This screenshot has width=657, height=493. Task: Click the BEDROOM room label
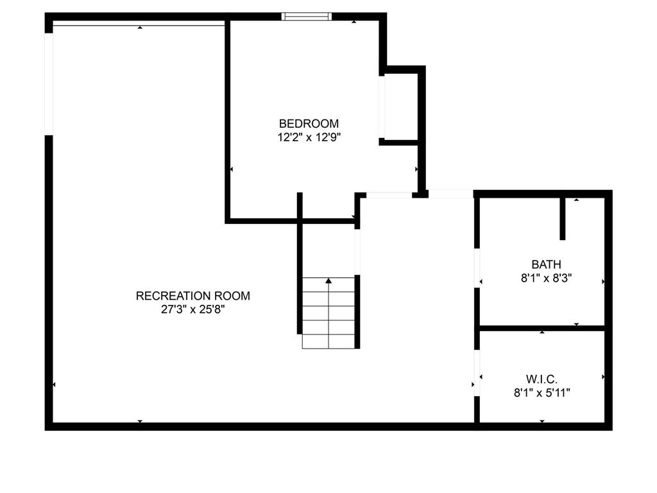tap(309, 123)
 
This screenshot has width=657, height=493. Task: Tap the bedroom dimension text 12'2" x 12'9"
tap(309, 137)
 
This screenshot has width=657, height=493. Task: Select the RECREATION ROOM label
tap(193, 296)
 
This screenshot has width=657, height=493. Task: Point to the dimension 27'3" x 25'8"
tap(193, 309)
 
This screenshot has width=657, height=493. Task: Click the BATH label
tap(546, 264)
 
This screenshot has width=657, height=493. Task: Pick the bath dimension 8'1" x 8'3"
tap(546, 278)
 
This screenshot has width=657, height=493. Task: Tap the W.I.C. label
tap(542, 379)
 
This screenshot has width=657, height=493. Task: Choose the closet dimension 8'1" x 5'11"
tap(542, 393)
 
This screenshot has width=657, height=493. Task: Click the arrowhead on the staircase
tap(328, 281)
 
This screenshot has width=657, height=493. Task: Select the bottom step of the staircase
tap(328, 342)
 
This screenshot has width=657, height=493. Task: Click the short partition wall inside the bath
tap(563, 218)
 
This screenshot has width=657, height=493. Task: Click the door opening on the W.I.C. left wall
tap(477, 373)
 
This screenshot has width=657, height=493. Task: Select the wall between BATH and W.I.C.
tap(542, 328)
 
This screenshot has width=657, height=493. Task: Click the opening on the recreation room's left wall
tap(48, 83)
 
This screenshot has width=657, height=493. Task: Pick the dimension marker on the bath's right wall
tap(602, 281)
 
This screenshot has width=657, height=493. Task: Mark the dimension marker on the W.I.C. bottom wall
tap(542, 421)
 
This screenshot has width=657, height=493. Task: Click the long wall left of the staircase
tap(300, 263)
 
